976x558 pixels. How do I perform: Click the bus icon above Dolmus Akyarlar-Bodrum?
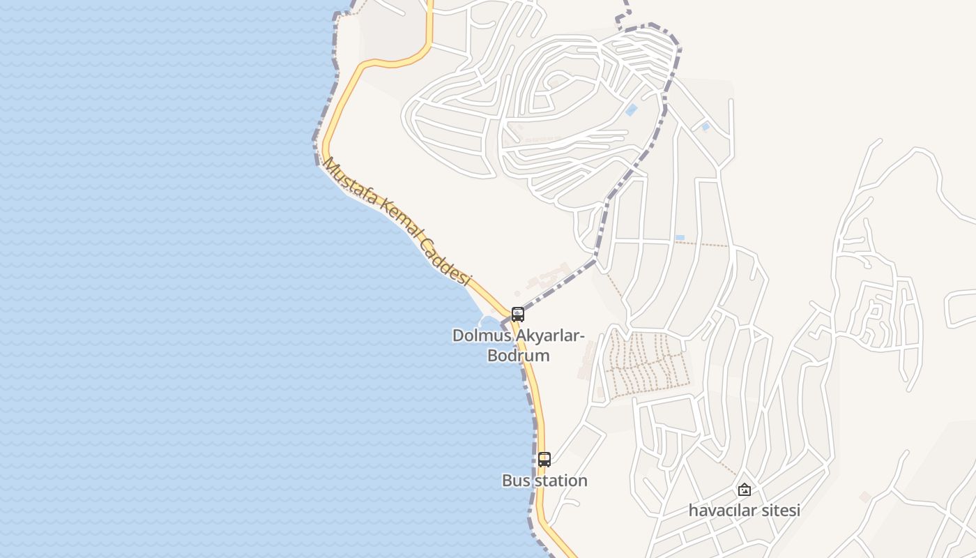coord(517,314)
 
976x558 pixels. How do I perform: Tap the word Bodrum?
coord(518,356)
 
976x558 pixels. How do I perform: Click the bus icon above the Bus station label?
coord(544,460)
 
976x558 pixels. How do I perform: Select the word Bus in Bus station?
coord(514,481)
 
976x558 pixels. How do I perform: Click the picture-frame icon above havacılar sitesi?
coord(745,490)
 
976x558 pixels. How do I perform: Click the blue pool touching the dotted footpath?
coord(679,238)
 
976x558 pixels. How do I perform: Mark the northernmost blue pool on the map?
coord(632,110)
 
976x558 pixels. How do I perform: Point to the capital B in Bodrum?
coord(493,356)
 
